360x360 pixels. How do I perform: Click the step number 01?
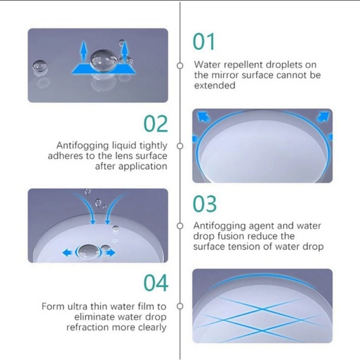(204, 41)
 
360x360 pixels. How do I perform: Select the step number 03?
(204, 204)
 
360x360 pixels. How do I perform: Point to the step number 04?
(156, 283)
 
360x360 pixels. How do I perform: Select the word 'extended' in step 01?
(215, 85)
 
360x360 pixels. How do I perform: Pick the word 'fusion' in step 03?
(231, 236)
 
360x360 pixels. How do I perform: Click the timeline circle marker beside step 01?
(180, 66)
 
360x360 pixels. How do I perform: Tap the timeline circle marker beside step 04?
(180, 306)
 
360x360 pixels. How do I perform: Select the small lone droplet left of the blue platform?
(40, 67)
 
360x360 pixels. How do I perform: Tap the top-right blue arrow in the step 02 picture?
(323, 116)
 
